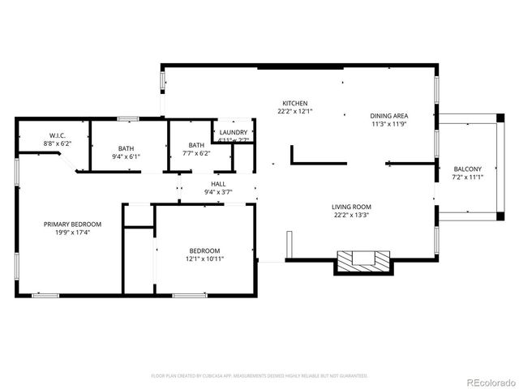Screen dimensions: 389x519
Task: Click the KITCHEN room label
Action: (294, 103)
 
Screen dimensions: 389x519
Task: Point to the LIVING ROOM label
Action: (352, 207)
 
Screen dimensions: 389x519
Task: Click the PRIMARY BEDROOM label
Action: (73, 224)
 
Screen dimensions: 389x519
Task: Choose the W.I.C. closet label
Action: (57, 135)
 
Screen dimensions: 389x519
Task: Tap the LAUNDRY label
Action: (233, 131)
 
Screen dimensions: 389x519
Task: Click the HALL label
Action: (218, 184)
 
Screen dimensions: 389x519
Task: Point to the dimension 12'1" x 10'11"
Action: (204, 259)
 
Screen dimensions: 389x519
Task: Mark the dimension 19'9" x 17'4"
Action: (73, 233)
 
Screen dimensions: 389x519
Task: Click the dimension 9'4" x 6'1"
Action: (126, 156)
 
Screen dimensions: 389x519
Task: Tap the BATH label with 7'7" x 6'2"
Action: (197, 145)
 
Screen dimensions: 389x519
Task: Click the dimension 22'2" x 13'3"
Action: (352, 216)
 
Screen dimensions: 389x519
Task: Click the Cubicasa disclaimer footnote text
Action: (259, 376)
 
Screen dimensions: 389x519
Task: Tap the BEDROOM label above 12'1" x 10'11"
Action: (204, 250)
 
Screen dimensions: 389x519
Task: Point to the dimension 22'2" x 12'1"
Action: (294, 111)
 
